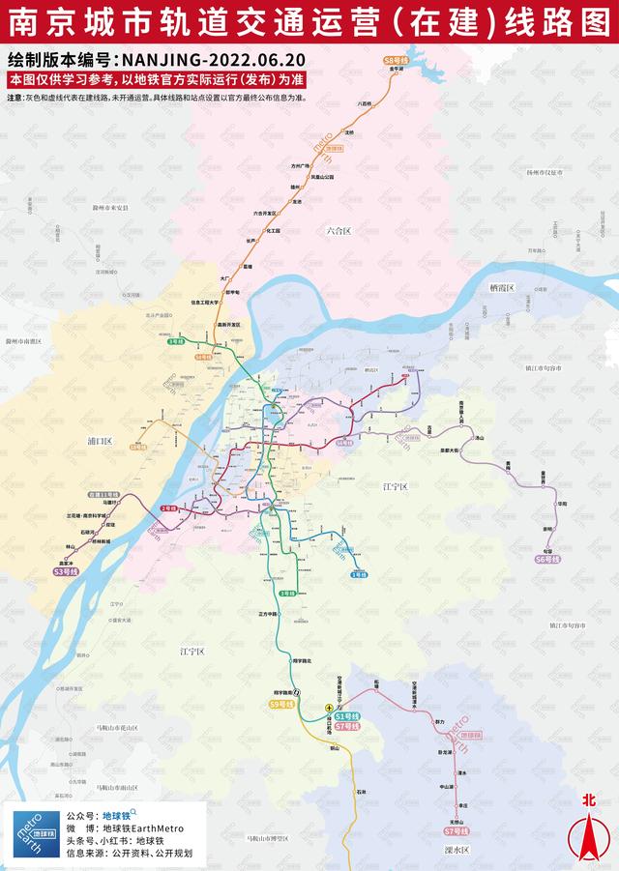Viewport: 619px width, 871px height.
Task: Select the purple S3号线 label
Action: (x=66, y=572)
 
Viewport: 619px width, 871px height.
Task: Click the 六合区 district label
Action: (x=339, y=230)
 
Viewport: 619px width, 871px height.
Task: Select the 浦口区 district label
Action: (x=100, y=441)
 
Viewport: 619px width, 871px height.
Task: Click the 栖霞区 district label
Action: (x=504, y=288)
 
